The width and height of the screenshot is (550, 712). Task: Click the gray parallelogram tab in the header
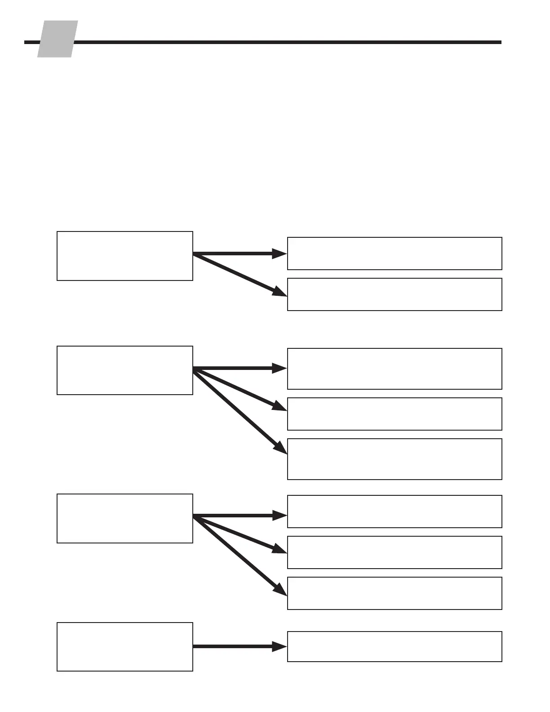tap(57, 39)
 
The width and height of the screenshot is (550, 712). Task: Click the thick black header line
tap(288, 42)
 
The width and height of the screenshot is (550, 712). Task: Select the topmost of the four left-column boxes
tap(125, 256)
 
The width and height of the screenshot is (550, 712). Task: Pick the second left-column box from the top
tap(125, 370)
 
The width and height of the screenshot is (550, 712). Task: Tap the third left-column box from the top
tap(125, 518)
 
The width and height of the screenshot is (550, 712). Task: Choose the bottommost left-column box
tap(125, 647)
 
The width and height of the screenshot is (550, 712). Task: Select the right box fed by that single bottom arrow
tap(395, 646)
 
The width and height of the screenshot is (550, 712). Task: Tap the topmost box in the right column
tap(395, 254)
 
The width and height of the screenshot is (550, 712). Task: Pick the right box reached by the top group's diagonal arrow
tap(395, 294)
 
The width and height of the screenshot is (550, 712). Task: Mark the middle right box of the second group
tap(395, 414)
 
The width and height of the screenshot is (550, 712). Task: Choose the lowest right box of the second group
tap(395, 459)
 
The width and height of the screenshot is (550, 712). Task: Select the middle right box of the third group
tap(395, 552)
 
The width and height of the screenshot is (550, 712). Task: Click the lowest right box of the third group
tap(395, 593)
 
